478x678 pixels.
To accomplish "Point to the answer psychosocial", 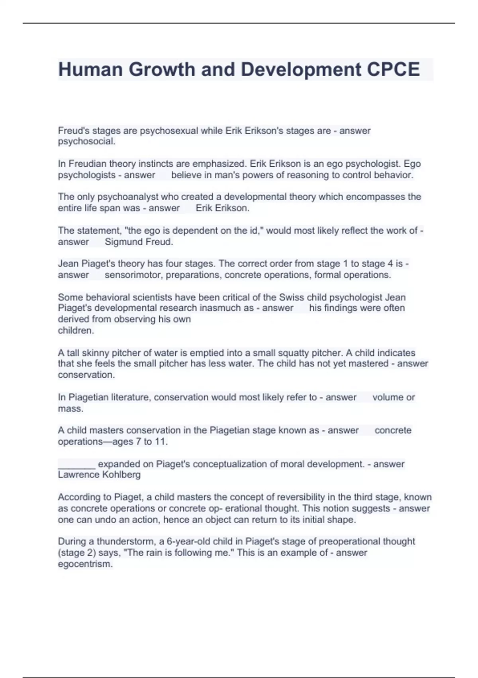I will click(86, 142).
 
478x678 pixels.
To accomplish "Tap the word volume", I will click(388, 397).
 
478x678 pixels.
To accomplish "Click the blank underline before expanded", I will click(76, 464).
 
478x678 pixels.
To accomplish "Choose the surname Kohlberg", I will click(122, 475).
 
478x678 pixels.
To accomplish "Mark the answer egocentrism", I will click(85, 564).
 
